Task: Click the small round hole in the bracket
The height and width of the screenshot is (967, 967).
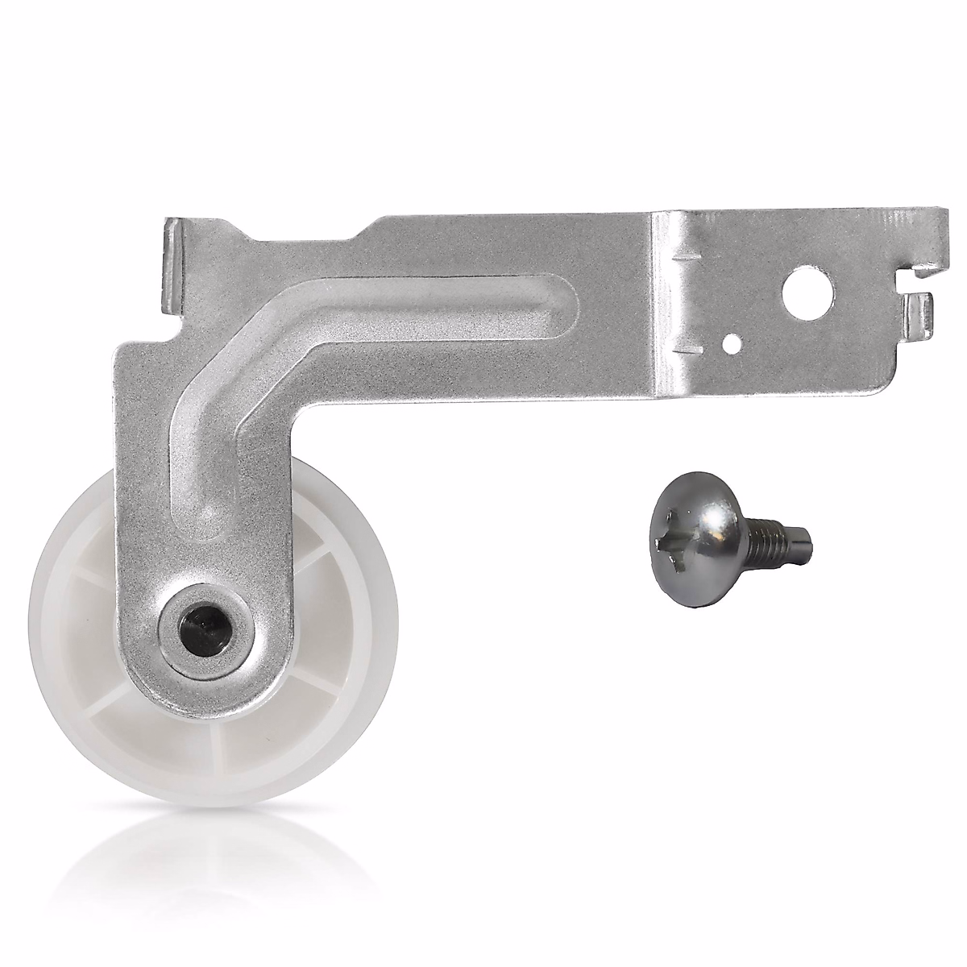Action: pyautogui.click(x=732, y=342)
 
